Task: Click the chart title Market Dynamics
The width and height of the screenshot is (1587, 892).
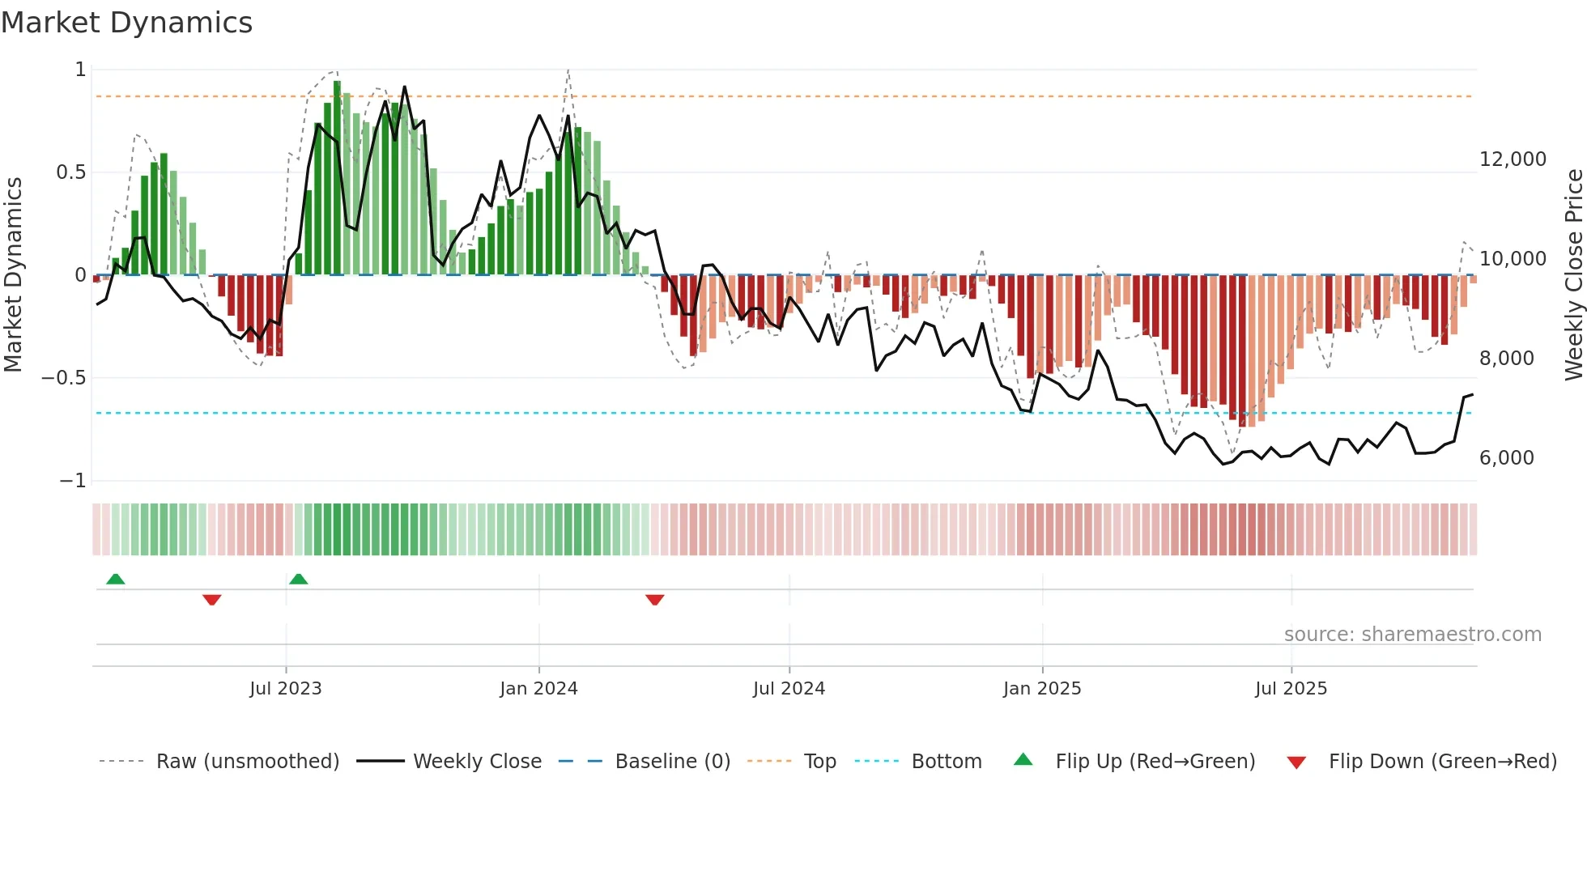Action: click(126, 23)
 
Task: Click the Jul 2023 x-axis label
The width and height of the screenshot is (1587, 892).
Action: click(285, 689)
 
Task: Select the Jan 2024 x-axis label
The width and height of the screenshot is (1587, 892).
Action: click(538, 689)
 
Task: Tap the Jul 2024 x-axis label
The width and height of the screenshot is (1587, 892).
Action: click(789, 689)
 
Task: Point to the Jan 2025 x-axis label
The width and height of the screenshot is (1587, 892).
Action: click(1042, 689)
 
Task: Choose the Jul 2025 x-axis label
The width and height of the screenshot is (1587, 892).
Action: click(1291, 689)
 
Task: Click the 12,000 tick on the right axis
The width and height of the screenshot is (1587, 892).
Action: click(1513, 159)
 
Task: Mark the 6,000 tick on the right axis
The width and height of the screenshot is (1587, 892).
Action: click(1506, 458)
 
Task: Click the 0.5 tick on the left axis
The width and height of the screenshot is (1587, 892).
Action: click(70, 172)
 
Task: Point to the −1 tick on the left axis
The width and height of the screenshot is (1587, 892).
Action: click(73, 481)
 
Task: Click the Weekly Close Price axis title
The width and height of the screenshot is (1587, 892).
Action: click(1573, 274)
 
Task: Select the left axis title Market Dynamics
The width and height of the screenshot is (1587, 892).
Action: click(13, 274)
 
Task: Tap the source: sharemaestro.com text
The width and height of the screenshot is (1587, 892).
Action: click(1412, 635)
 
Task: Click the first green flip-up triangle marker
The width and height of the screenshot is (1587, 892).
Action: click(116, 580)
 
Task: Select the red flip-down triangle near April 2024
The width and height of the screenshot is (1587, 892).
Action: click(655, 600)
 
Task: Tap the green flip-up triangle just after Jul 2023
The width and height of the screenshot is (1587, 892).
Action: click(299, 580)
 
